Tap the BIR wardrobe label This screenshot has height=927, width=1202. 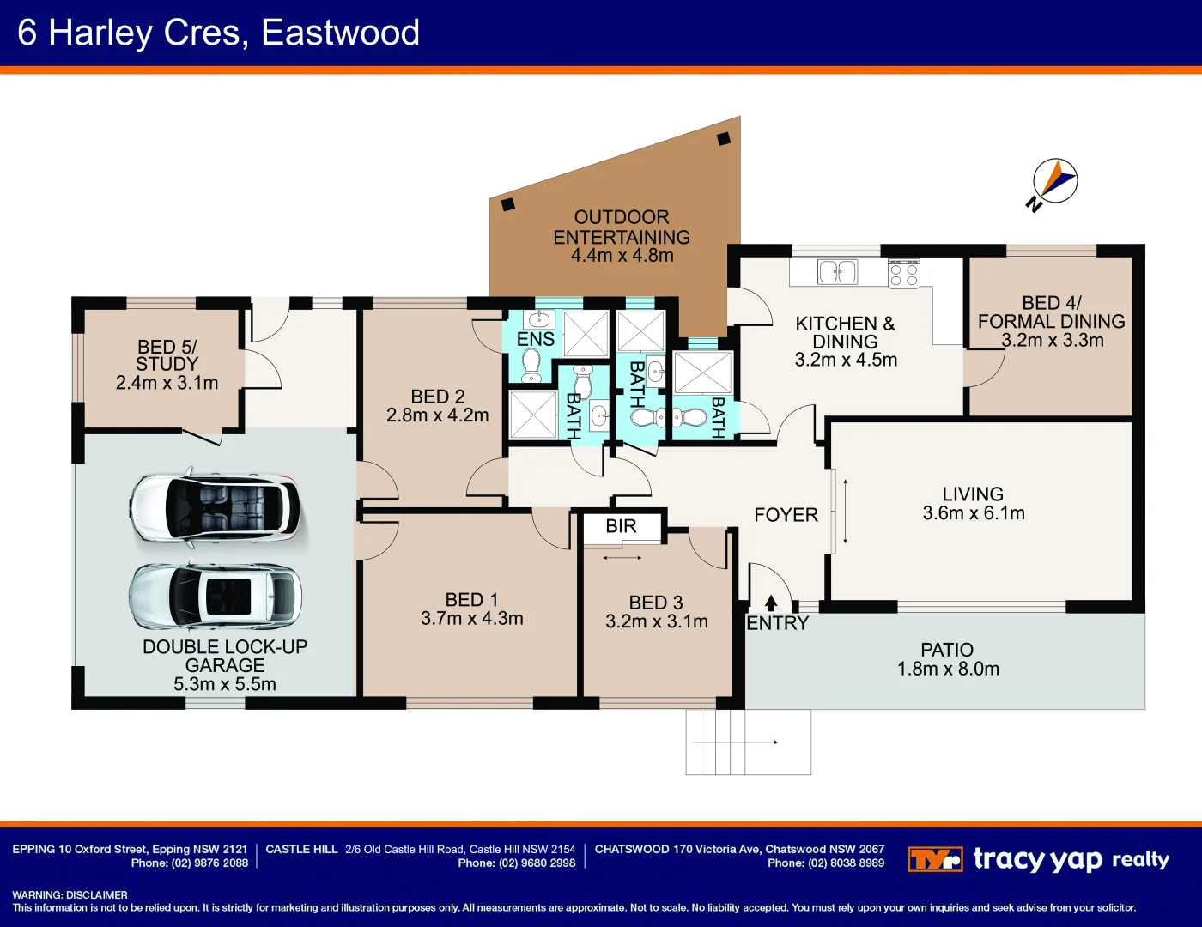click(622, 525)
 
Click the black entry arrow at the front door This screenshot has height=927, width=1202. click(770, 602)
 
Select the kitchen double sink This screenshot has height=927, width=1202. click(837, 272)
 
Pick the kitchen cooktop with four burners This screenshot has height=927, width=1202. click(904, 274)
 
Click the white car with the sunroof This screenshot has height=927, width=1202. click(216, 597)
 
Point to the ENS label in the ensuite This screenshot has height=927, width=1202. click(536, 339)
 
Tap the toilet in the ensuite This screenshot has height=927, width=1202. click(531, 365)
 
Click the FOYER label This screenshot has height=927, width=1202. click(786, 515)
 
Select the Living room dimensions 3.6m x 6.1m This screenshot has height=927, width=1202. click(974, 513)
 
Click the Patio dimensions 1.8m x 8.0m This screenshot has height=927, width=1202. click(948, 669)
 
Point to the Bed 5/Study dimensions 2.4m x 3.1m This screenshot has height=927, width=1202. click(167, 383)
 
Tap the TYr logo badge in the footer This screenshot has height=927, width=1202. click(935, 859)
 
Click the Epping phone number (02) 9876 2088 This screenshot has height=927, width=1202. click(190, 863)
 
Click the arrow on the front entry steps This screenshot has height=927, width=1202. click(736, 742)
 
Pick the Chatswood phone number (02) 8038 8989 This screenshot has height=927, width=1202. click(826, 863)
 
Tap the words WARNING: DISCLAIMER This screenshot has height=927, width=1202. click(70, 895)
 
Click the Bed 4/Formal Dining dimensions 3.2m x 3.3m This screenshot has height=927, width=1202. click(1052, 340)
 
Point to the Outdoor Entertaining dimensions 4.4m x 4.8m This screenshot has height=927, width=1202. click(622, 256)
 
